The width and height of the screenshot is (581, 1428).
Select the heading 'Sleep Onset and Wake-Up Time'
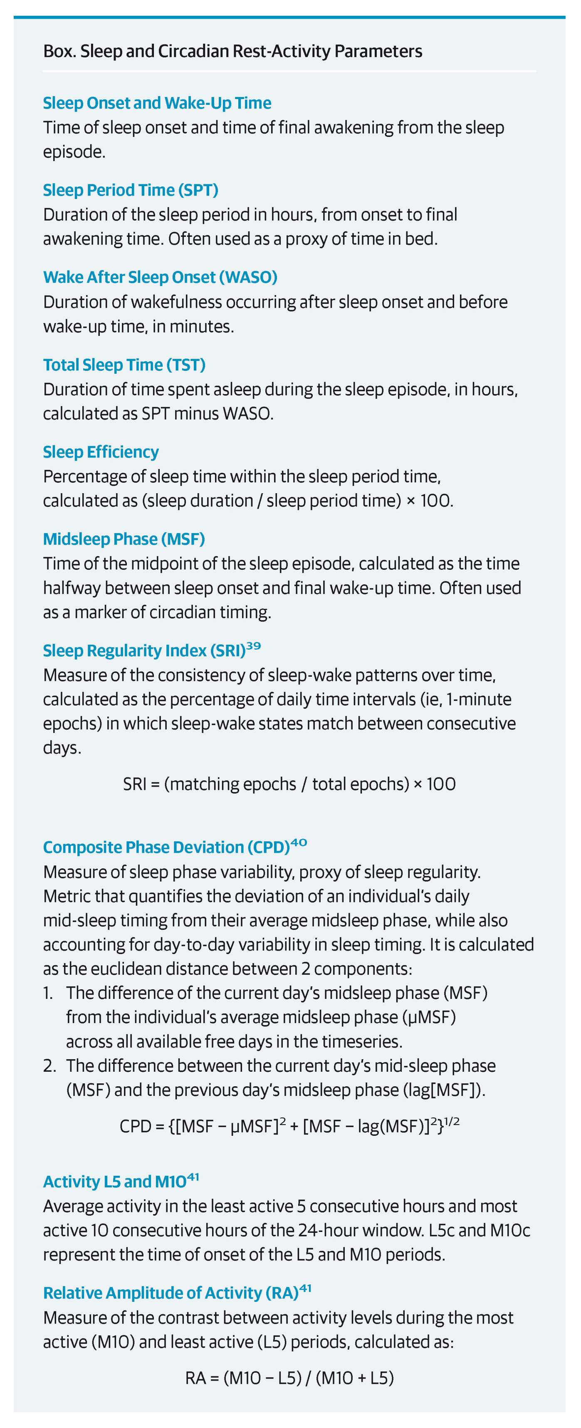[157, 103]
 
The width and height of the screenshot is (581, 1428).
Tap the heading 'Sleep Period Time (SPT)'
[130, 190]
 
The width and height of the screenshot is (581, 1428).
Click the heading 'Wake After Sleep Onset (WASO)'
[160, 277]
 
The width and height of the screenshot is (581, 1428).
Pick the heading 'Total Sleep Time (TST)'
[124, 365]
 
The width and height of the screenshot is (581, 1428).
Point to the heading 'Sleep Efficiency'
[101, 452]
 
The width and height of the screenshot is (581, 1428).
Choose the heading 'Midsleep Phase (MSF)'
[124, 539]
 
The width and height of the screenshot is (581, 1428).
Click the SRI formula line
[289, 784]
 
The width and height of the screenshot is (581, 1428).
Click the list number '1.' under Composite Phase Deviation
[48, 993]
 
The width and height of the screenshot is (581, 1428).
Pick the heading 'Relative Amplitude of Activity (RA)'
[171, 1293]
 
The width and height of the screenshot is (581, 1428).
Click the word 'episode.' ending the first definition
[74, 152]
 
